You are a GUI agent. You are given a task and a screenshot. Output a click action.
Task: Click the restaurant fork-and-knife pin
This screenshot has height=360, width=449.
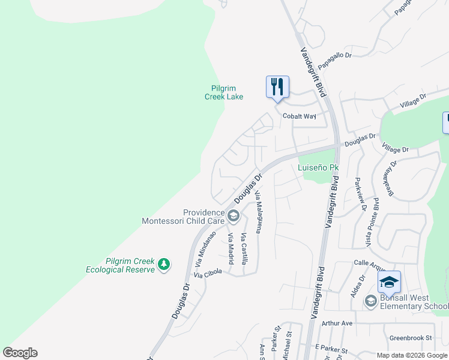(x=277, y=87)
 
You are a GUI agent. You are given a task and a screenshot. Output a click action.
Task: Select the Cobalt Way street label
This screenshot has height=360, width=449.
(x=299, y=116)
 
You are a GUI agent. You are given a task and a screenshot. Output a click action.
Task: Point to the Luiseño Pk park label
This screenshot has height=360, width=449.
(x=319, y=167)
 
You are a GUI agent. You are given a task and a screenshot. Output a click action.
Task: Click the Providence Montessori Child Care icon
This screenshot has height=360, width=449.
(x=234, y=215)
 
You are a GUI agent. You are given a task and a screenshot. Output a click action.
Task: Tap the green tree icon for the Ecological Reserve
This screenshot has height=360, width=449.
(x=163, y=264)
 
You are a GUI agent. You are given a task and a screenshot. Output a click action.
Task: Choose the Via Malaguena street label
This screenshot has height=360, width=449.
(x=259, y=212)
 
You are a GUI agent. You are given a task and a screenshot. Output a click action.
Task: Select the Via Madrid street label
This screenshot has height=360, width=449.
(x=231, y=249)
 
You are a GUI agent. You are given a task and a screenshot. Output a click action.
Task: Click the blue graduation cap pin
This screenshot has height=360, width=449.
(x=389, y=282)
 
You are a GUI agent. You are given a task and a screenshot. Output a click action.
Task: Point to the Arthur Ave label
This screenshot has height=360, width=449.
(x=337, y=323)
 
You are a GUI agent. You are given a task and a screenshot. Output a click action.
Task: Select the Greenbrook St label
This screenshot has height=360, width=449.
(x=411, y=338)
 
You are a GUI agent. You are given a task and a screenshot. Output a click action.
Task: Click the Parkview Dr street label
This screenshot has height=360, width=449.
(x=361, y=194)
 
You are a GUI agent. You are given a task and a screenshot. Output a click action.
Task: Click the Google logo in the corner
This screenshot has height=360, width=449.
(x=20, y=353)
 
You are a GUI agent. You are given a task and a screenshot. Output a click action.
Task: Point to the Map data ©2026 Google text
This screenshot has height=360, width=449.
(x=412, y=355)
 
